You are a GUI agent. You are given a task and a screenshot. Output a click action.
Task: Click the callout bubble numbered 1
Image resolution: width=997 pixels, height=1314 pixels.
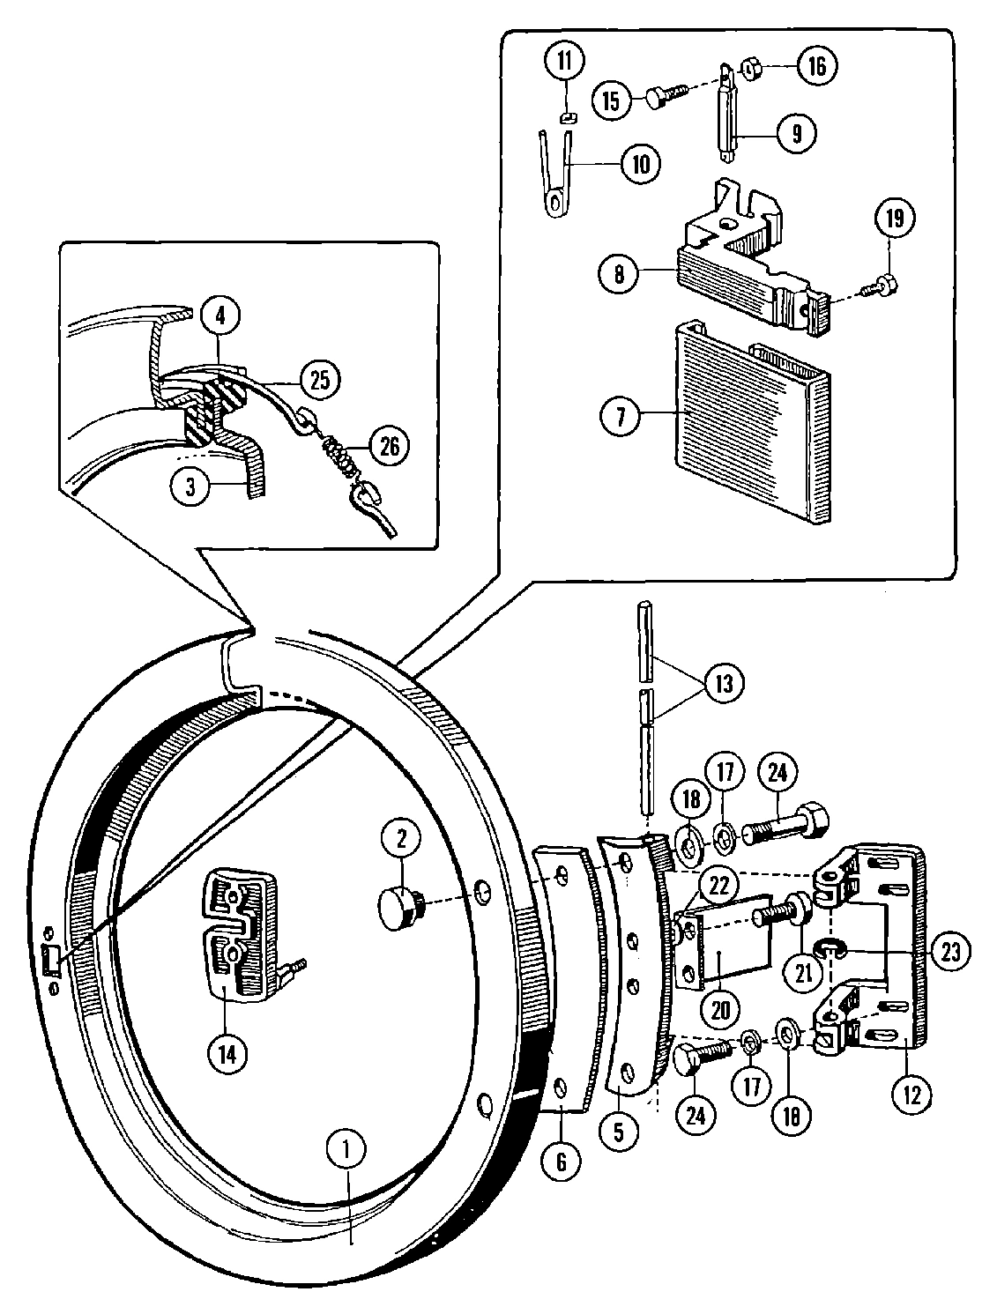pos(346,1149)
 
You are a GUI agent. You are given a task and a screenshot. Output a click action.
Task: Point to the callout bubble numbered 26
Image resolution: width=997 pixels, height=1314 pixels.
pos(390,447)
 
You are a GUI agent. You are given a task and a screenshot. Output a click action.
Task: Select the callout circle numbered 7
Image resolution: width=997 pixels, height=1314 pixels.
pos(621,416)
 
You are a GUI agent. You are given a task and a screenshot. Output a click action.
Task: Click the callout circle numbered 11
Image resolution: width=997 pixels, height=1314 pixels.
pos(564,63)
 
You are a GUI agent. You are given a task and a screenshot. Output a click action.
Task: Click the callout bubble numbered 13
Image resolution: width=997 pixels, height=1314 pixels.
pos(724,683)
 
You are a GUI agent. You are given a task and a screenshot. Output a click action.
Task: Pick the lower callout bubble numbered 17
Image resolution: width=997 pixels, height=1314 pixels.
pos(750,1086)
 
